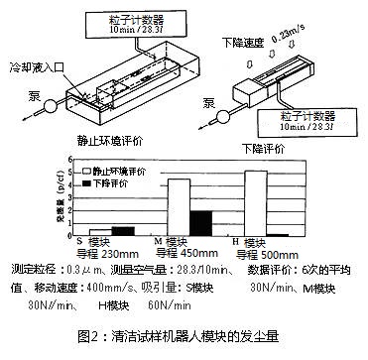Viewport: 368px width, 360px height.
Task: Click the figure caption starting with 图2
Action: (184, 334)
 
